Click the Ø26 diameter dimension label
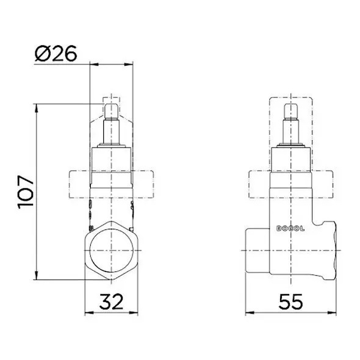pyautogui.click(x=56, y=53)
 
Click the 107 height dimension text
pyautogui.click(x=26, y=192)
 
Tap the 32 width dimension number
pyautogui.click(x=111, y=301)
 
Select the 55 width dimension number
pyautogui.click(x=290, y=301)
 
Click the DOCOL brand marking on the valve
pyautogui.click(x=290, y=229)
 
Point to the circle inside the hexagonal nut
pyautogui.click(x=111, y=251)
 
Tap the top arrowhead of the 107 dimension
pyautogui.click(x=36, y=108)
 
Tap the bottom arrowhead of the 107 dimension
pyautogui.click(x=36, y=276)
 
